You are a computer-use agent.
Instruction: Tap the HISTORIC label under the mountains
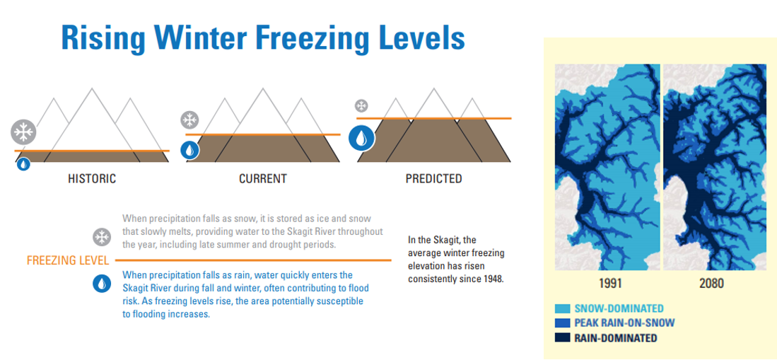(x=92, y=178)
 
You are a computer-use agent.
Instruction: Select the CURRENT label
(x=262, y=178)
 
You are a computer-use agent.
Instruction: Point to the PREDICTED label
(x=433, y=178)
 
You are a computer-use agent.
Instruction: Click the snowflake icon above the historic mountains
(x=23, y=132)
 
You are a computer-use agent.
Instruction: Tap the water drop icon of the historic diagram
(x=23, y=163)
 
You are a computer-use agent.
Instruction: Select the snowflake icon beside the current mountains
(x=189, y=120)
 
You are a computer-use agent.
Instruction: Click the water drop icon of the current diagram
(x=189, y=150)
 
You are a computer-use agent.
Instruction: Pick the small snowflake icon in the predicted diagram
(x=362, y=105)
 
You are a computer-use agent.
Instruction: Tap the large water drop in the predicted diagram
(x=361, y=138)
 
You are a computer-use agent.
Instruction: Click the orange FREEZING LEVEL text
(x=68, y=260)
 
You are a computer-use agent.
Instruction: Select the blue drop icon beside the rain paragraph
(x=102, y=283)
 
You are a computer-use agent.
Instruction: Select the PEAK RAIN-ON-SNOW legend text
(x=624, y=323)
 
